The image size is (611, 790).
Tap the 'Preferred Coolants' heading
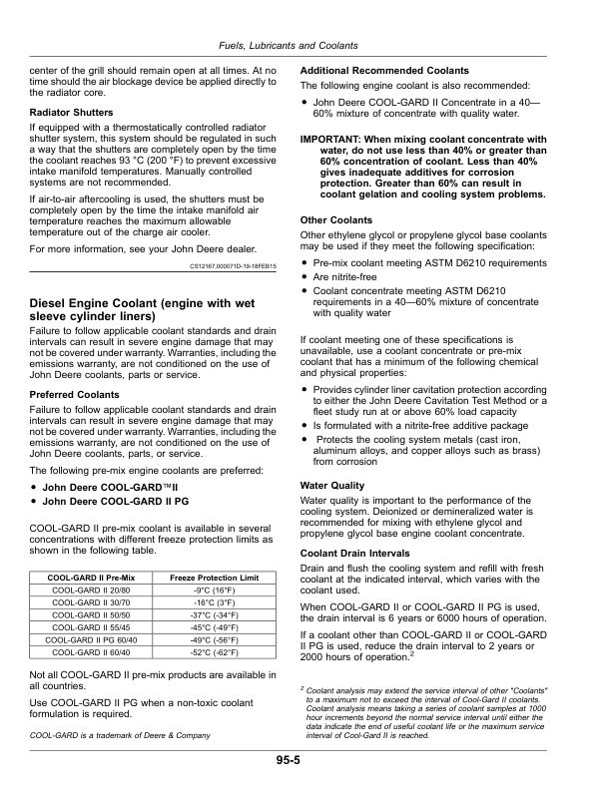[x=75, y=395]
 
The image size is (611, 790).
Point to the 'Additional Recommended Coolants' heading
[x=384, y=71]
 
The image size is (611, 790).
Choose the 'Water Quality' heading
[x=334, y=486]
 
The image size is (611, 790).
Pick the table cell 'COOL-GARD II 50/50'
[x=93, y=615]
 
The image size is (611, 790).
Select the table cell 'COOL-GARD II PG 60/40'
[x=93, y=639]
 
